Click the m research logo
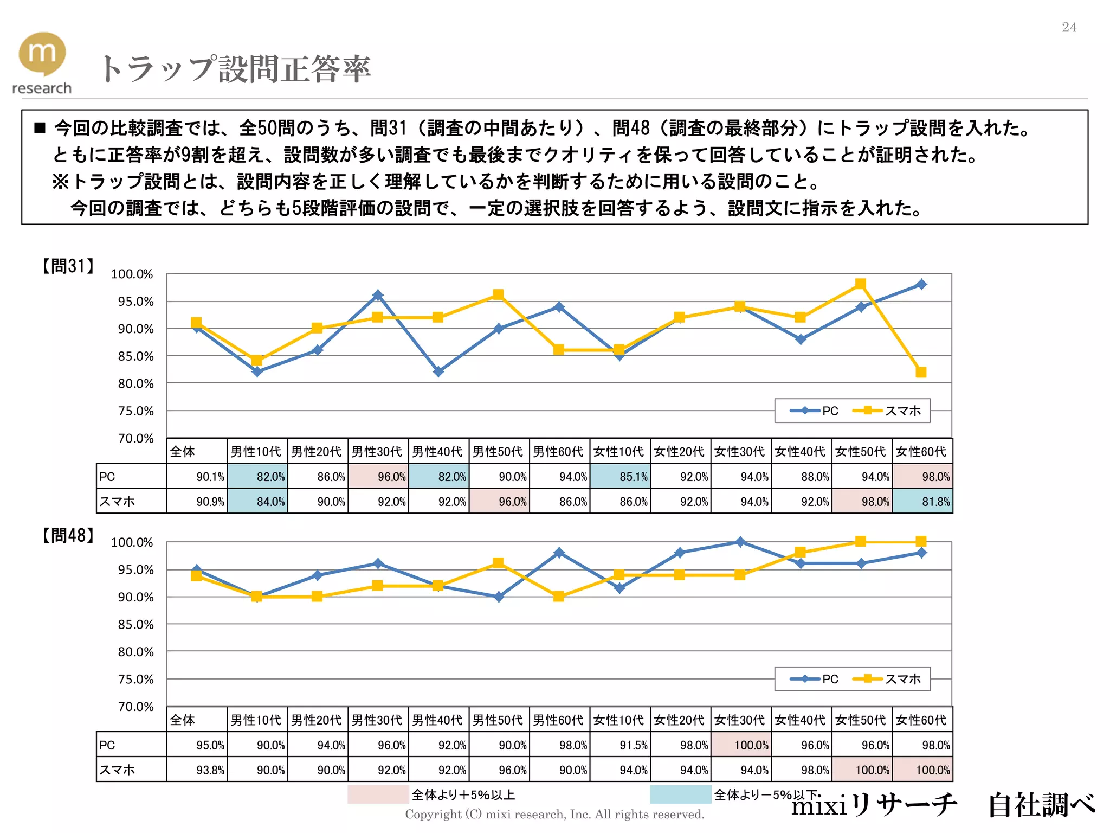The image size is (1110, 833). [42, 62]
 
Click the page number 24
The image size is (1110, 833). [1069, 27]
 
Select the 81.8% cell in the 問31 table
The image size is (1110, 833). [922, 501]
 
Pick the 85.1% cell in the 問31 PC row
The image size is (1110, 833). [620, 476]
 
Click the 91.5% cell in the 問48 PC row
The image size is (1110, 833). [620, 745]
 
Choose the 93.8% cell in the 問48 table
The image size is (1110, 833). [197, 770]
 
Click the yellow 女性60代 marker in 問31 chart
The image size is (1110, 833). [921, 372]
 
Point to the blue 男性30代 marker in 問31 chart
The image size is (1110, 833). [378, 295]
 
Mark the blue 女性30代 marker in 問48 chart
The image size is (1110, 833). [740, 542]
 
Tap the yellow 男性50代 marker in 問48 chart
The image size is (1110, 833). [499, 563]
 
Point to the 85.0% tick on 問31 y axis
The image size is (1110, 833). [135, 356]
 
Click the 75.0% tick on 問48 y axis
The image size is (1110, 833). [135, 679]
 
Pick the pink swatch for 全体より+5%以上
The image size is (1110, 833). [378, 794]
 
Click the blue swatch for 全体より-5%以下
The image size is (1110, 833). [680, 794]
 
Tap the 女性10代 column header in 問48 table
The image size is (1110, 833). [619, 720]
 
